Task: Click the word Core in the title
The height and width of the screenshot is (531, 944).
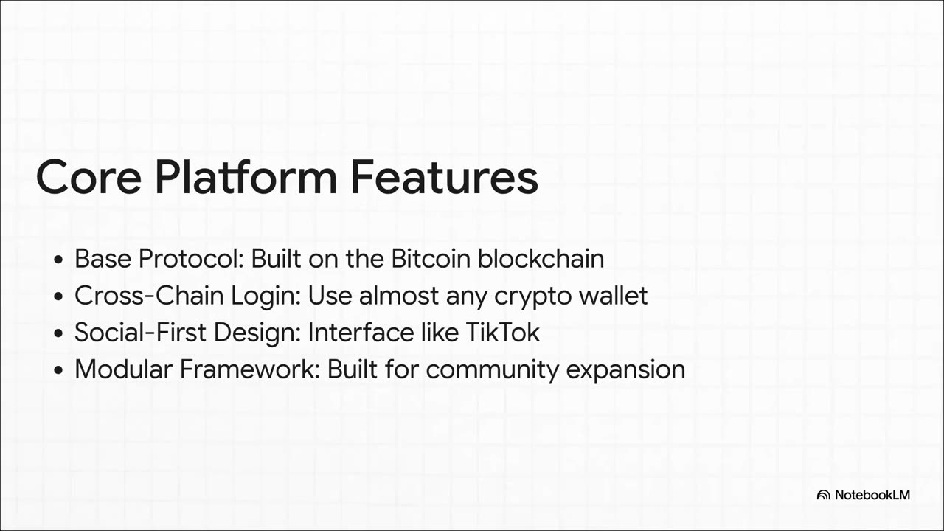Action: pos(88,177)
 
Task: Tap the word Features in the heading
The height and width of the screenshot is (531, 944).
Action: pos(444,177)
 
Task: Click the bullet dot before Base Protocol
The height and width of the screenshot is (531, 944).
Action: pos(58,259)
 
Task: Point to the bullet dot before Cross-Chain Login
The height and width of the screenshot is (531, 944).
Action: pos(58,296)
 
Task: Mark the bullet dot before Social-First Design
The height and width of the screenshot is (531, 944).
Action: pos(58,333)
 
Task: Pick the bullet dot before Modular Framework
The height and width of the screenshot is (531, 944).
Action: pos(58,370)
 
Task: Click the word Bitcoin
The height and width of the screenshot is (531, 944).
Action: pos(431,258)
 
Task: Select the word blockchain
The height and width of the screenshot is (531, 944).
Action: pos(541,258)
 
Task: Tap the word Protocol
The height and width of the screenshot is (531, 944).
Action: pos(191,258)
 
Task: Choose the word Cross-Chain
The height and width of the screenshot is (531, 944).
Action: pos(149,296)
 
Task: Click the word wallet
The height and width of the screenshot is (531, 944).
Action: pos(613,296)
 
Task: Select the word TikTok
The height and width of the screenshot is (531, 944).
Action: pos(502,333)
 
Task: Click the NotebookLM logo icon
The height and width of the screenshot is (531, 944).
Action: pos(823,495)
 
